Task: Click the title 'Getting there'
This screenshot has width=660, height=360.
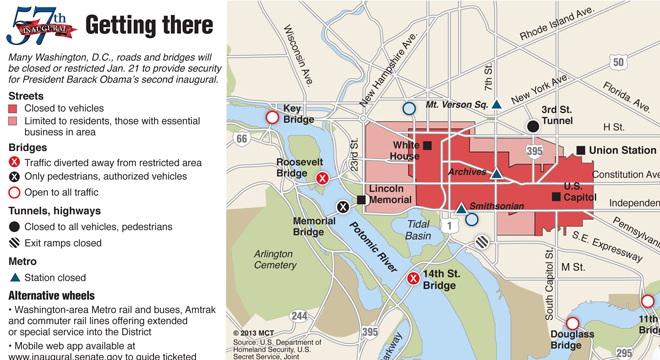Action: click(148, 25)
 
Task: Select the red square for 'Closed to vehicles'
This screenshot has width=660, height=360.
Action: click(13, 108)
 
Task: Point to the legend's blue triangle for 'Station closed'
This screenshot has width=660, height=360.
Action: click(13, 277)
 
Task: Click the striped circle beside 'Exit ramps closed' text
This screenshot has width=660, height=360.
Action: click(13, 242)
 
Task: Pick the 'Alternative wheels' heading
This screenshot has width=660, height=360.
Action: click(52, 296)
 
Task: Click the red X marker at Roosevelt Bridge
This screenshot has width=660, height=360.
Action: click(322, 178)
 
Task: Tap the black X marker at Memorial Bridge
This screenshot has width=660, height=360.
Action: click(343, 206)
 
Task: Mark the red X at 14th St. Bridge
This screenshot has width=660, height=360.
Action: click(413, 278)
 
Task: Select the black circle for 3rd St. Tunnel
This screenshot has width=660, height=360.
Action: click(533, 127)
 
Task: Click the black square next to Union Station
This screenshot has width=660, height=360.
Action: click(581, 151)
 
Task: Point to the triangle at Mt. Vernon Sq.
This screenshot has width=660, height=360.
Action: click(497, 104)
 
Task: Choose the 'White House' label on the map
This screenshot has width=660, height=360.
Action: click(405, 150)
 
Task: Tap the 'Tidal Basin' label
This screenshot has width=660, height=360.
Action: click(418, 229)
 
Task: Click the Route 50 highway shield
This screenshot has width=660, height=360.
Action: click(619, 62)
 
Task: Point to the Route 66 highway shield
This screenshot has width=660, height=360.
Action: click(241, 138)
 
